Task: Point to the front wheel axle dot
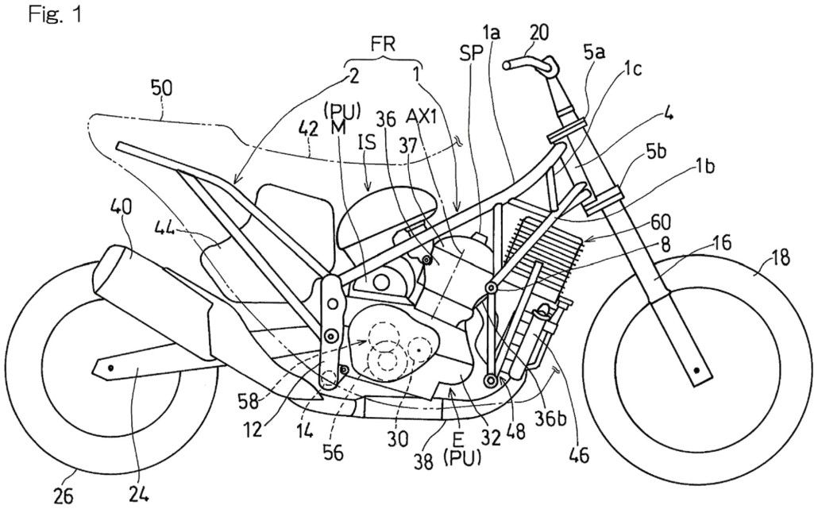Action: click(x=697, y=370)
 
